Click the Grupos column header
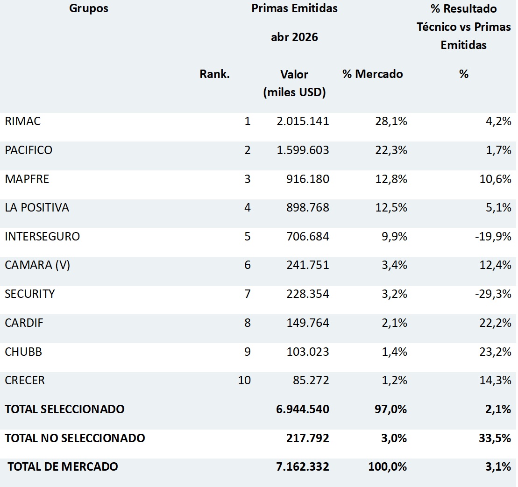tap(89, 8)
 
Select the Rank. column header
tap(214, 74)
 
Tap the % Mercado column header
tap(373, 74)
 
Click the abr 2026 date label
tap(294, 37)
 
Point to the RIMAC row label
tap(23, 121)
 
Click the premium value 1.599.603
tap(303, 150)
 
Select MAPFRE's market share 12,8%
tap(391, 179)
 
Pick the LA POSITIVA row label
tap(37, 208)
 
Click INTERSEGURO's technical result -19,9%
tap(493, 236)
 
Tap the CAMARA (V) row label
tap(37, 265)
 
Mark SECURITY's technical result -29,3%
tap(493, 294)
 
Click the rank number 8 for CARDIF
tap(248, 323)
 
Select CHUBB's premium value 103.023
tap(308, 352)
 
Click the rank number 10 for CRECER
tap(244, 381)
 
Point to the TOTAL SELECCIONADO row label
tap(65, 409)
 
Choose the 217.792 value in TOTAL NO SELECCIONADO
tap(308, 438)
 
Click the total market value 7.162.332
tap(303, 466)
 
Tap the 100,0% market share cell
tap(388, 466)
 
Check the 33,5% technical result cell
tap(495, 438)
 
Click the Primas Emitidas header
tap(294, 8)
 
